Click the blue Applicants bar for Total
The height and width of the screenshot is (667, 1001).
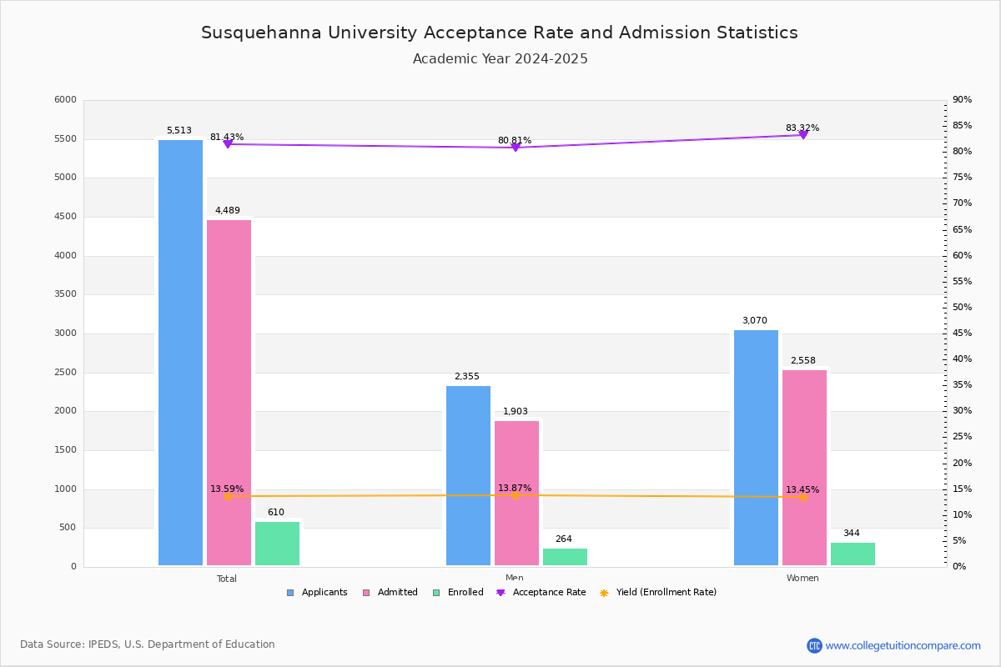[x=180, y=353]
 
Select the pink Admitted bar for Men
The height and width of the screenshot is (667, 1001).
[x=516, y=494]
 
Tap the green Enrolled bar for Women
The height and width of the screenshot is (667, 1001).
[x=853, y=554]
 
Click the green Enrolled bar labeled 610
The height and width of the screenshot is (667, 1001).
[x=277, y=544]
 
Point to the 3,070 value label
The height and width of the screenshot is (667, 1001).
[x=755, y=320]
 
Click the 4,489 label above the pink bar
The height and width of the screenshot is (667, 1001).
[x=228, y=210]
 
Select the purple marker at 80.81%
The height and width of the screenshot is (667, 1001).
[x=516, y=148]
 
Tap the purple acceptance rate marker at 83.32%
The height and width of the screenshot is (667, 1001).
[x=803, y=135]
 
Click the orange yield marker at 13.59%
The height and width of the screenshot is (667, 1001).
[x=228, y=496]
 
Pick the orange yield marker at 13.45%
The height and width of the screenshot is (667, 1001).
[x=803, y=497]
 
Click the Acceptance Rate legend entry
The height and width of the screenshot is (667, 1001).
[x=541, y=593]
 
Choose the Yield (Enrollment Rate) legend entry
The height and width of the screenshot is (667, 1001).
[x=658, y=593]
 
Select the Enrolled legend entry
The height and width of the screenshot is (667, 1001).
[x=458, y=593]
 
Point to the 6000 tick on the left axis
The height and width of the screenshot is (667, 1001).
[x=65, y=99]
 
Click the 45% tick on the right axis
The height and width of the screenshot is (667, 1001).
[x=962, y=333]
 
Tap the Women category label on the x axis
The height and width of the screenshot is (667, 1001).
[x=802, y=578]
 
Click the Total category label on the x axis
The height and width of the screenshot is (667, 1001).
[x=227, y=579]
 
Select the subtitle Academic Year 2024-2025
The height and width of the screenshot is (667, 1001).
[x=500, y=59]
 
